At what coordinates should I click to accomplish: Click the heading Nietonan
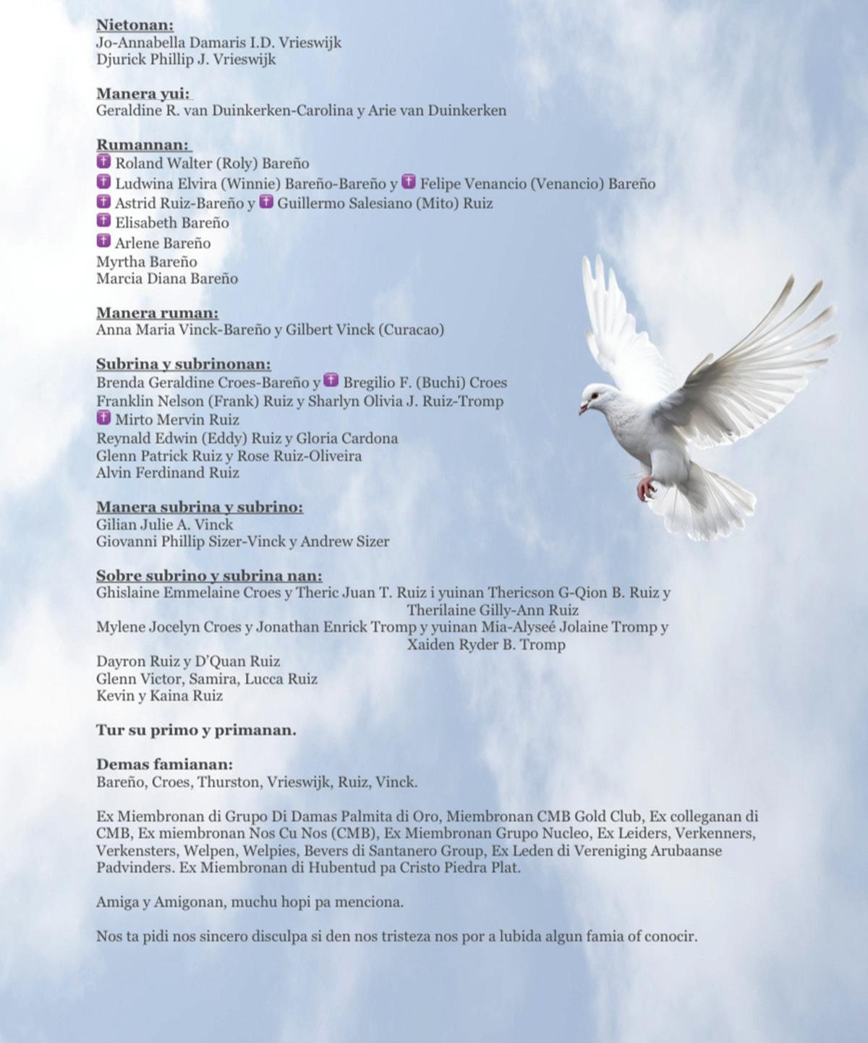pos(135,25)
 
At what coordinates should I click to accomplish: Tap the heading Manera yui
pos(143,93)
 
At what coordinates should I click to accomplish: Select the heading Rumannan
pos(142,145)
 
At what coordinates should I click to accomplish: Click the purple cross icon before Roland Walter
pos(104,162)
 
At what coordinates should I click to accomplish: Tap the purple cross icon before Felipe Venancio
pos(409,181)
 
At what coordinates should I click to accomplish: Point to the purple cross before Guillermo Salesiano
pos(266,202)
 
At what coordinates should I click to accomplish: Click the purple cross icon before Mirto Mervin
pos(104,418)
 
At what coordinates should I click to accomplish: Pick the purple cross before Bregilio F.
pos(331,380)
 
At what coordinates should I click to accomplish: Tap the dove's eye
pos(595,395)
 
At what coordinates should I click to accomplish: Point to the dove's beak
pos(583,409)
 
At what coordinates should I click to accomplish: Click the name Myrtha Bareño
pos(146,262)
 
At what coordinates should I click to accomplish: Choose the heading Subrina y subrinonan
pos(184,364)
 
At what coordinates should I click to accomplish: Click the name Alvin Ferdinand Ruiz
pos(168,473)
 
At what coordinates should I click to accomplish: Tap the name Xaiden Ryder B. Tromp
pos(486,644)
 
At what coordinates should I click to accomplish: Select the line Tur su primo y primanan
pos(196,730)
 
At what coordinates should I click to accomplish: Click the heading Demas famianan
pos(164,764)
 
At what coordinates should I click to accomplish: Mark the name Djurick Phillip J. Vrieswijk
pos(186,59)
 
